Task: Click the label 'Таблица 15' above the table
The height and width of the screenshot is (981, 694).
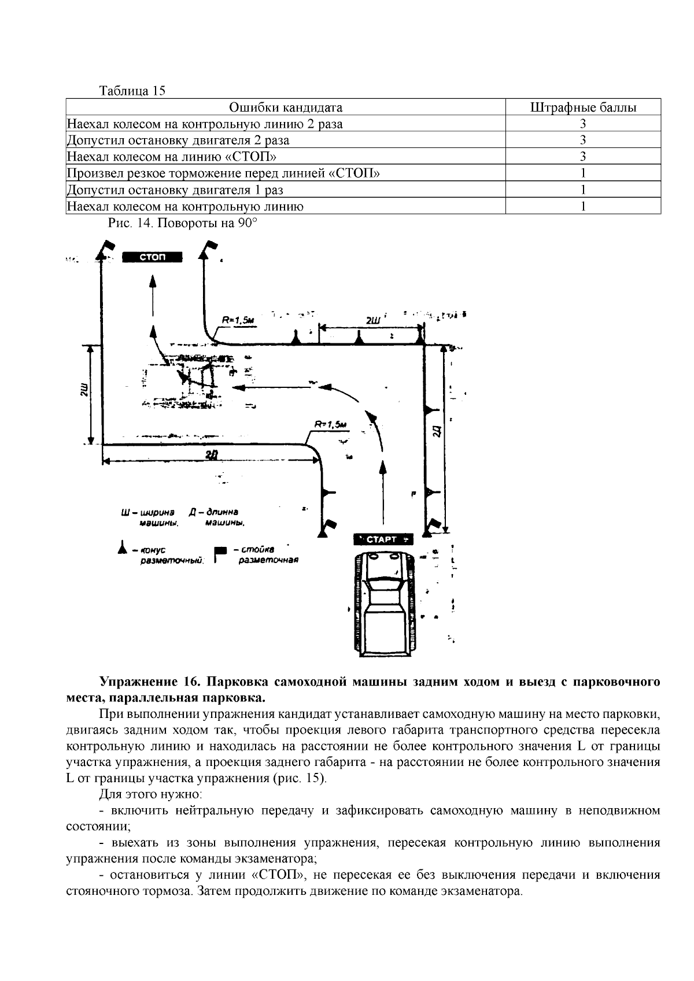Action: click(132, 91)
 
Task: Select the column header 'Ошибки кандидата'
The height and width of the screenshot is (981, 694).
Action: click(286, 108)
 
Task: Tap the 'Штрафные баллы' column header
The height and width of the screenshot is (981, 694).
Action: click(583, 108)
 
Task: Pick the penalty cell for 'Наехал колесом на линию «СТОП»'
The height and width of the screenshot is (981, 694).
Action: click(583, 157)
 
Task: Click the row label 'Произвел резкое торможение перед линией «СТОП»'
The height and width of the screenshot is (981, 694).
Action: click(223, 173)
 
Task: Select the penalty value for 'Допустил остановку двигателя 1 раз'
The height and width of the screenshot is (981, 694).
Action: click(583, 190)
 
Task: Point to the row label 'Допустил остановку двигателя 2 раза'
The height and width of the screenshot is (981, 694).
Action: click(178, 140)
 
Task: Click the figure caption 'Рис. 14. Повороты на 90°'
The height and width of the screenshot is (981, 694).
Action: click(182, 223)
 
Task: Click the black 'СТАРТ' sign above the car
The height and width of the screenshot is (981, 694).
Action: click(383, 539)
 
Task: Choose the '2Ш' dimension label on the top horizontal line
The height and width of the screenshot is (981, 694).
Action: click(373, 320)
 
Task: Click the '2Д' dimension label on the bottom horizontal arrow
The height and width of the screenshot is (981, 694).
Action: click(211, 454)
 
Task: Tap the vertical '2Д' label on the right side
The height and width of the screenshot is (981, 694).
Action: click(438, 431)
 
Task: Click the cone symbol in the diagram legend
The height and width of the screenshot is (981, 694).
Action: click(122, 547)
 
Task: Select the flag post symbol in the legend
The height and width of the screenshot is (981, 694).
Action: click(220, 553)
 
